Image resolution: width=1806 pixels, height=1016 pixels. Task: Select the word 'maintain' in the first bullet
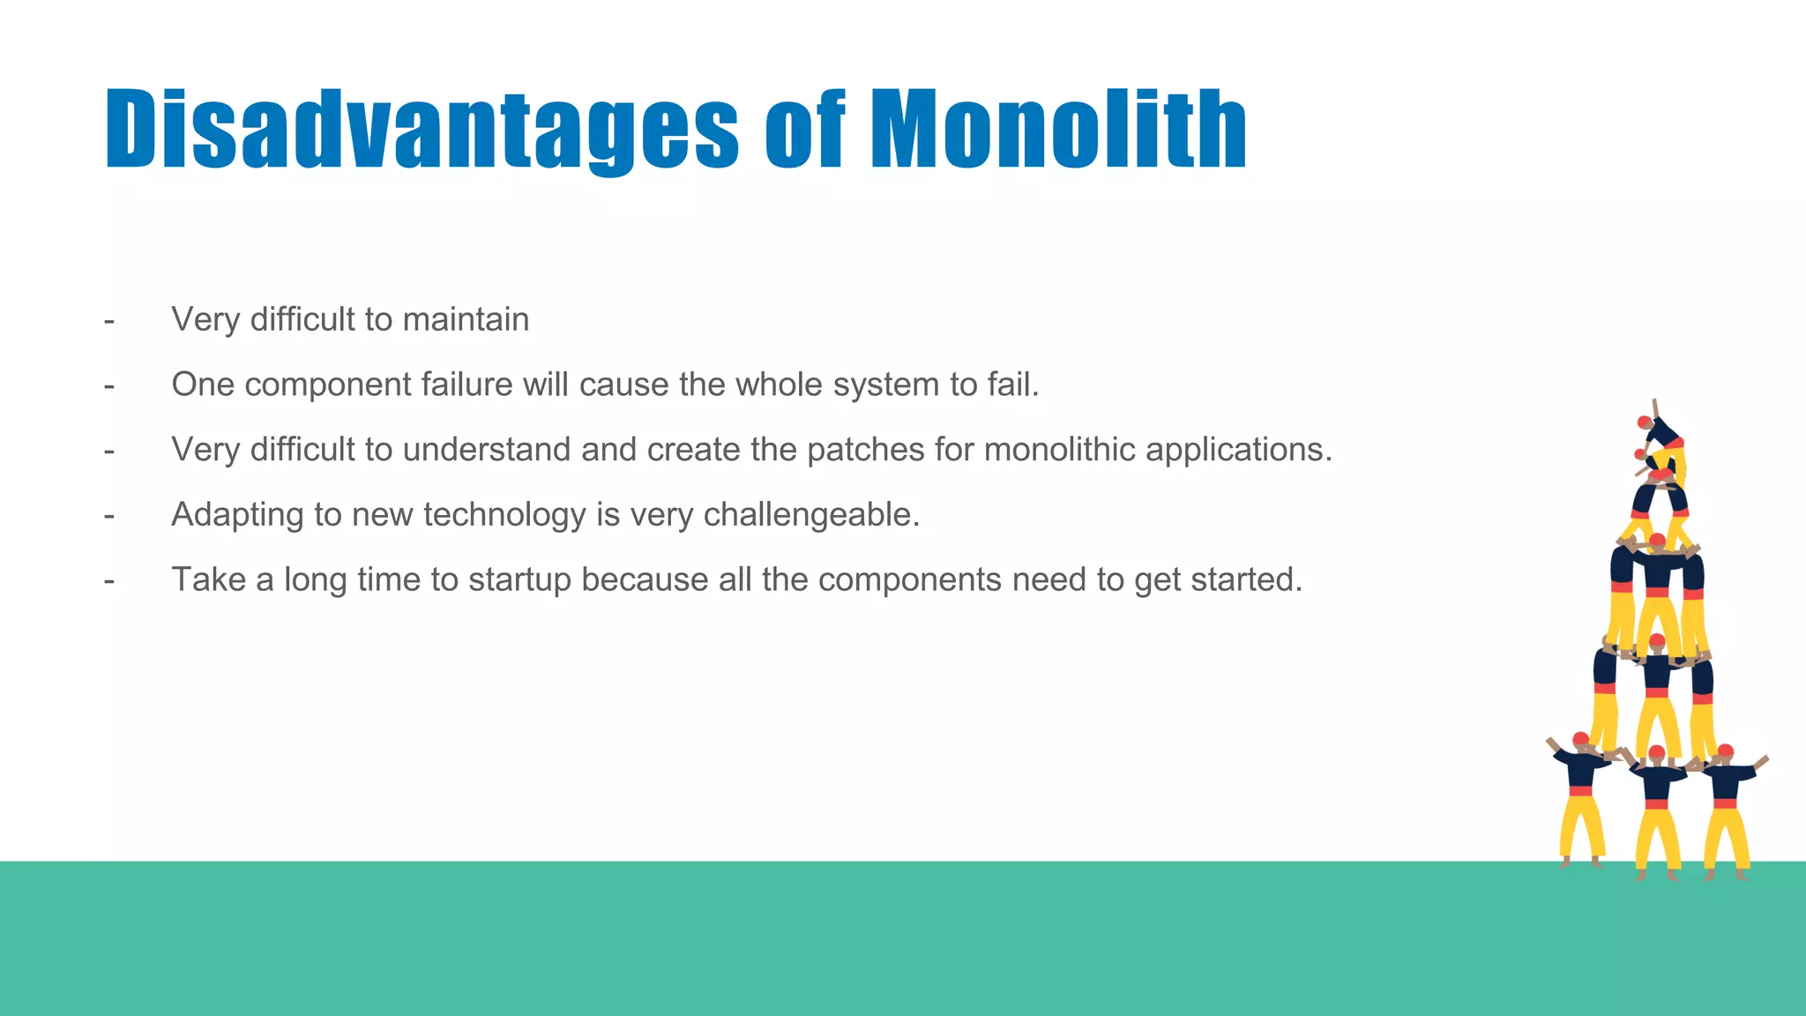click(465, 319)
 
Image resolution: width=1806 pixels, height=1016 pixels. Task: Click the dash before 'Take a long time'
click(109, 581)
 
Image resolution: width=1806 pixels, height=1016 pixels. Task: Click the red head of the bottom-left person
click(1580, 739)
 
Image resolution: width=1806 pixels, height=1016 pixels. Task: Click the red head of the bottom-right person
click(1726, 751)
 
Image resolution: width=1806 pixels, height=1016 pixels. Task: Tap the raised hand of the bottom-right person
click(1762, 759)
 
